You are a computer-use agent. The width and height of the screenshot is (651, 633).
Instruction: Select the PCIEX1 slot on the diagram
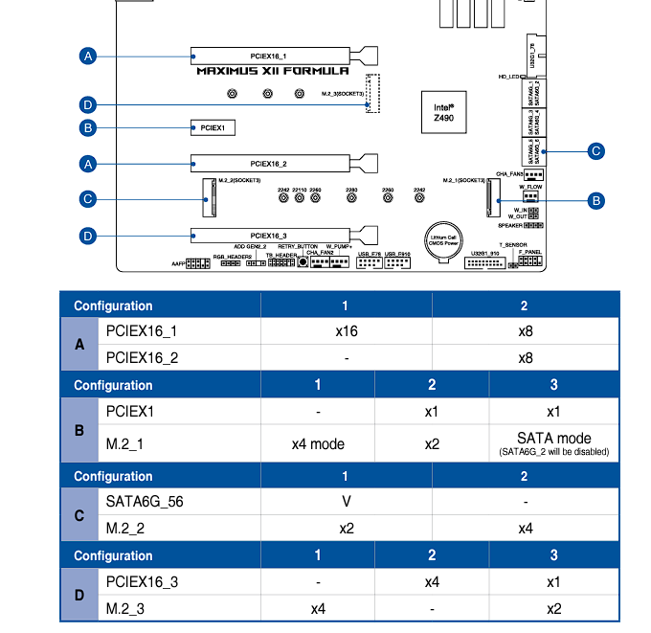point(212,126)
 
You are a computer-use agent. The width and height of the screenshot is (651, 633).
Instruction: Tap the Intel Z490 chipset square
point(442,111)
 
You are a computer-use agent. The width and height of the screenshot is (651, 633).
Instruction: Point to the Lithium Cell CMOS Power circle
point(443,240)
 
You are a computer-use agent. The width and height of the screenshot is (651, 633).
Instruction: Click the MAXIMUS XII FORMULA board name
point(272,71)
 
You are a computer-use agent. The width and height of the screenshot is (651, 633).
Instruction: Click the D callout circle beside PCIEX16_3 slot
point(87,235)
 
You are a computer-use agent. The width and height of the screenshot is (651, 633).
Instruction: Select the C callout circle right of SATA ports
point(595,150)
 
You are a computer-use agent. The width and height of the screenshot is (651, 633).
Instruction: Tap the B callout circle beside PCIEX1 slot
point(87,127)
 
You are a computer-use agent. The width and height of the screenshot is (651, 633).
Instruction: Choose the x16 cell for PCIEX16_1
point(346,331)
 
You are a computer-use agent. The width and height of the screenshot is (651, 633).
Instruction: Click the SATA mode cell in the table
point(554,442)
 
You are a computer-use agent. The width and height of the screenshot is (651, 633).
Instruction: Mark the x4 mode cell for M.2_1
point(318,443)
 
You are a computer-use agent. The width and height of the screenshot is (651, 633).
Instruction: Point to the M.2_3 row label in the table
point(125,608)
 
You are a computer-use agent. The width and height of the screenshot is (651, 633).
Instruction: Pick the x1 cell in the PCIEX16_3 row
point(554,581)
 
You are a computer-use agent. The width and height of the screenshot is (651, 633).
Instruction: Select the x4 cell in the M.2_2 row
point(525,529)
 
